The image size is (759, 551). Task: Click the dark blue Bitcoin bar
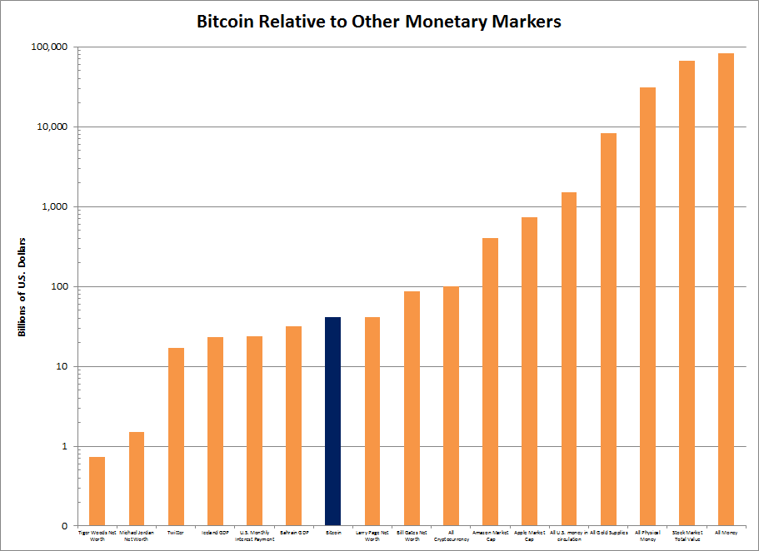click(332, 421)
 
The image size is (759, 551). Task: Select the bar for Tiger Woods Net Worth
click(97, 491)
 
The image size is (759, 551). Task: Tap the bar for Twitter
click(176, 437)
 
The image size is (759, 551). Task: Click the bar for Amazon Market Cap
click(490, 382)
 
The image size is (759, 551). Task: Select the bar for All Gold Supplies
click(608, 330)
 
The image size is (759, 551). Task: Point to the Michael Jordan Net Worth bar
click(136, 479)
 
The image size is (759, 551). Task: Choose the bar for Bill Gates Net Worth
click(412, 409)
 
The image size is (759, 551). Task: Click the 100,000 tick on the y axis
click(50, 47)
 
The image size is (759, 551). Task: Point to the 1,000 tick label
click(57, 206)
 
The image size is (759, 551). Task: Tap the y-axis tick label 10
click(62, 366)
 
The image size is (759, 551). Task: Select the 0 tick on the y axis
click(64, 526)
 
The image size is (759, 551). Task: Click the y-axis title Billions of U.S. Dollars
click(23, 286)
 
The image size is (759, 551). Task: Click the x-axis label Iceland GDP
click(215, 531)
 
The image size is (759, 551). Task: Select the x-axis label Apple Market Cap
click(529, 534)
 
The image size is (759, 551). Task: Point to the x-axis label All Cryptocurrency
click(451, 534)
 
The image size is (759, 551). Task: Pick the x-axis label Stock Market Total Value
click(687, 534)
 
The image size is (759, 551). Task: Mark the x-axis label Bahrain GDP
click(293, 531)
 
